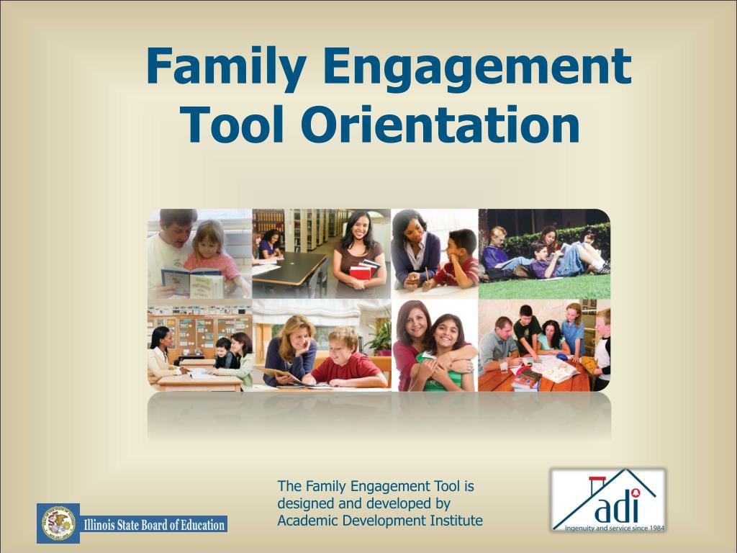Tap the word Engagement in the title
pos(476,66)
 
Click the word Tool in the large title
pos(235,124)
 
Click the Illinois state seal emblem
pos(58,523)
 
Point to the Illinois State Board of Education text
pos(154,525)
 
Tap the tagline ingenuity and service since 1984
pos(609,527)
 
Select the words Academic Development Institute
pos(379,521)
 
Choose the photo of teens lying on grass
pos(544,253)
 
